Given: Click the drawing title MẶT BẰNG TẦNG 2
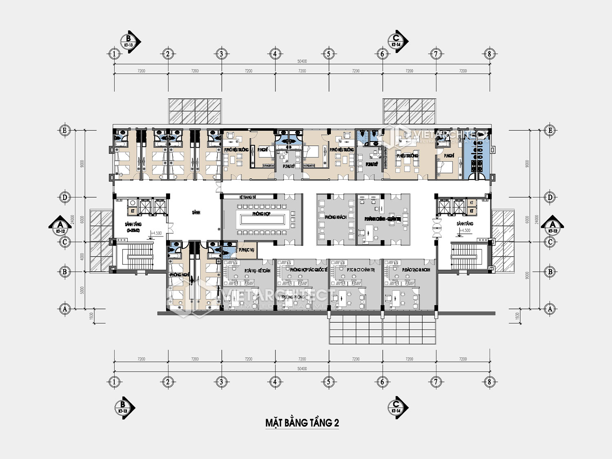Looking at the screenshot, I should pyautogui.click(x=302, y=423).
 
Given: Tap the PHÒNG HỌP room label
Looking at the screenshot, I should pyautogui.click(x=261, y=214).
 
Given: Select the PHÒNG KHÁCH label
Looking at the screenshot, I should pyautogui.click(x=335, y=217).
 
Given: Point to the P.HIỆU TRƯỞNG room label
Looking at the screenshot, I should pyautogui.click(x=407, y=156).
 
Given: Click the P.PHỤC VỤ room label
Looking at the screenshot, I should pyautogui.click(x=246, y=250).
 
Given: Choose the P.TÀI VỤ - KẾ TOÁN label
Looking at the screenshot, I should pyautogui.click(x=257, y=271).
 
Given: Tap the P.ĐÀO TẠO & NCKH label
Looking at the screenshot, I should pyautogui.click(x=416, y=270).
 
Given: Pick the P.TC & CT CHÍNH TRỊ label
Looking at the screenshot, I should pyautogui.click(x=361, y=270).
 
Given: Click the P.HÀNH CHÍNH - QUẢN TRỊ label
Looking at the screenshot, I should pyautogui.click(x=382, y=219).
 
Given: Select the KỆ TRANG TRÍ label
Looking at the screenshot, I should pyautogui.click(x=247, y=197).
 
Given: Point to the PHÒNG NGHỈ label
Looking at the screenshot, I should pyautogui.click(x=180, y=275).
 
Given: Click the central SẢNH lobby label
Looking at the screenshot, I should pyautogui.click(x=196, y=213).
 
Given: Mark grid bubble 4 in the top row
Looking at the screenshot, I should pyautogui.click(x=275, y=53).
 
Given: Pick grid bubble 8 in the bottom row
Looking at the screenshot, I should pyautogui.click(x=490, y=382).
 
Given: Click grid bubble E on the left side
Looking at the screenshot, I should pyautogui.click(x=64, y=130).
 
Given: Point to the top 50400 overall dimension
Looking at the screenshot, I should pyautogui.click(x=302, y=62).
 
